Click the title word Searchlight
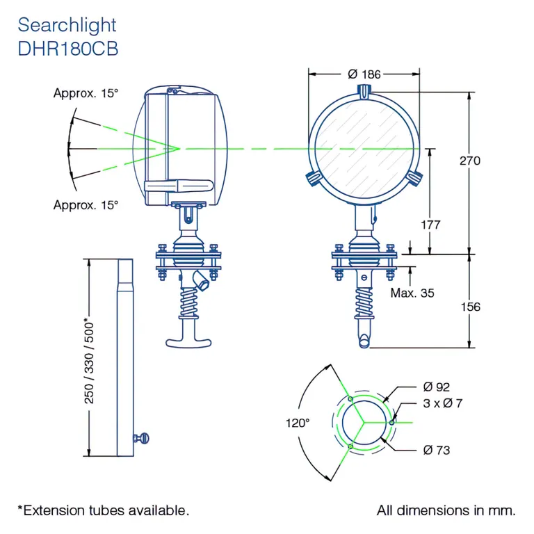(67, 25)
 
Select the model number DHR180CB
(67, 49)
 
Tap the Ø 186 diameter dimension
(364, 73)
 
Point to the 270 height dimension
(470, 161)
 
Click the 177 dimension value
(431, 225)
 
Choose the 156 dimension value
(470, 307)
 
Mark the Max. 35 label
(412, 293)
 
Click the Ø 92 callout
(436, 387)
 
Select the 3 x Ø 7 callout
(442, 403)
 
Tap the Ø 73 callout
(436, 450)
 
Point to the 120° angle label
(298, 422)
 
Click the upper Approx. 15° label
(86, 93)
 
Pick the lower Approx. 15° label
(86, 205)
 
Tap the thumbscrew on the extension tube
(142, 437)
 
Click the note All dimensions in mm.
(446, 510)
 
